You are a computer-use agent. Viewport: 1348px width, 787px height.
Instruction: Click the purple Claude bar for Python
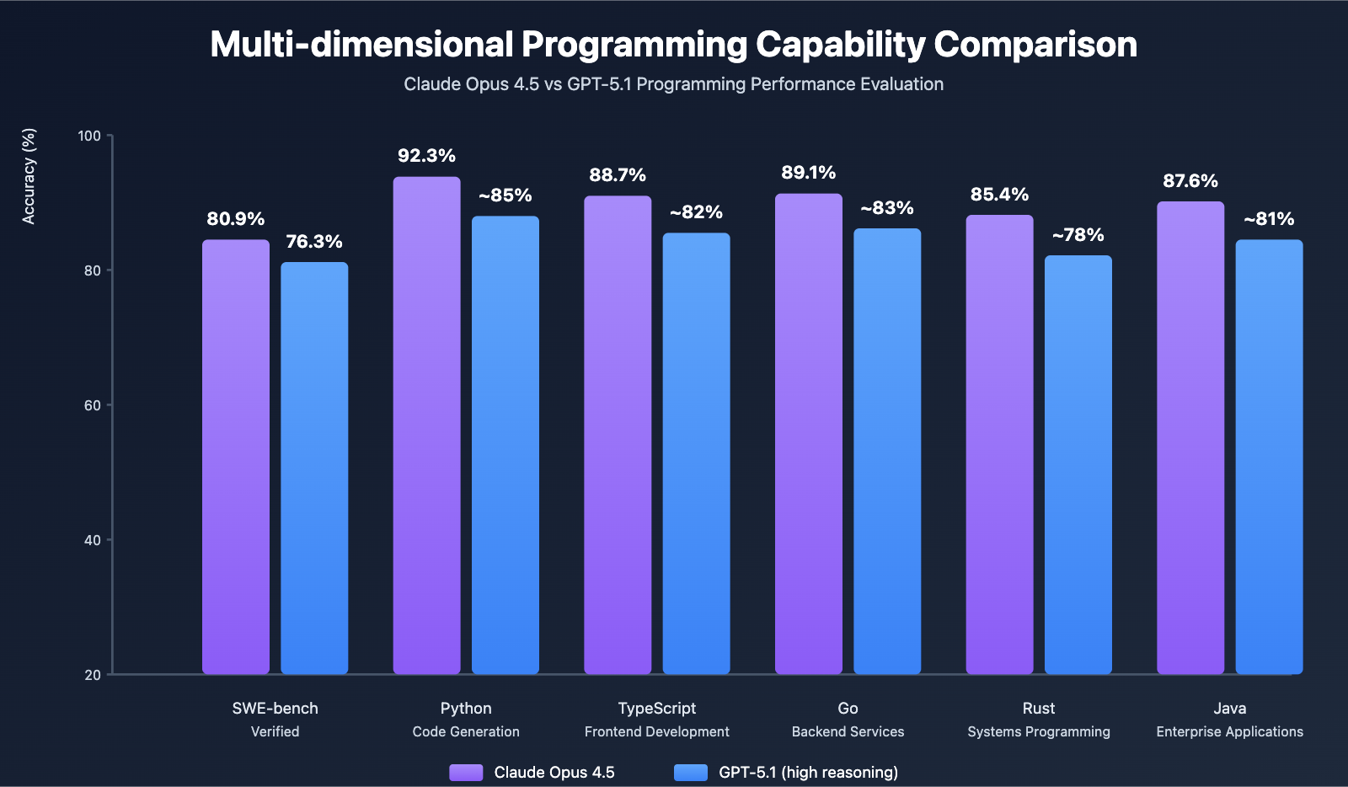pyautogui.click(x=427, y=426)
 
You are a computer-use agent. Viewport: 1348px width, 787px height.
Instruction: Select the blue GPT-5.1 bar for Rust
pyautogui.click(x=1078, y=464)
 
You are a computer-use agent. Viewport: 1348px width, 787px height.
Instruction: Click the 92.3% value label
pyautogui.click(x=427, y=156)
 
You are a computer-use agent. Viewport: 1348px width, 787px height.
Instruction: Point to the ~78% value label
pyautogui.click(x=1078, y=235)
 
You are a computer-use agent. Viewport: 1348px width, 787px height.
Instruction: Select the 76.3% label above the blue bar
pyautogui.click(x=314, y=242)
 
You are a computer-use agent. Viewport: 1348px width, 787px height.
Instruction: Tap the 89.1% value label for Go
pyautogui.click(x=809, y=173)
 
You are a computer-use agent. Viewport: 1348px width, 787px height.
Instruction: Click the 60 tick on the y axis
pyautogui.click(x=92, y=405)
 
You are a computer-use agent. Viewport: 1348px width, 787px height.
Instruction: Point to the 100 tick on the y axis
pyautogui.click(x=89, y=136)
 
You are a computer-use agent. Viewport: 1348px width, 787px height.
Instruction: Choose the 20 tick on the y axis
pyautogui.click(x=92, y=675)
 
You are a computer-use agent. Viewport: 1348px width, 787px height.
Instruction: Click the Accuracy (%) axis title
pyautogui.click(x=29, y=176)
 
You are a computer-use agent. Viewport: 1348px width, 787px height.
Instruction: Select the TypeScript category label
pyautogui.click(x=657, y=709)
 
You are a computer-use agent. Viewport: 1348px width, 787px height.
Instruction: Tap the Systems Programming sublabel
pyautogui.click(x=1039, y=731)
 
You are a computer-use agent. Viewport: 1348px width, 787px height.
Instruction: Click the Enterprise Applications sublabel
pyautogui.click(x=1229, y=731)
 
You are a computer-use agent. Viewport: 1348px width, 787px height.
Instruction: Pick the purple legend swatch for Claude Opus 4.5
pyautogui.click(x=466, y=773)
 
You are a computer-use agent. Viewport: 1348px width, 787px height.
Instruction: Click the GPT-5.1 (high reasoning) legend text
pyautogui.click(x=808, y=773)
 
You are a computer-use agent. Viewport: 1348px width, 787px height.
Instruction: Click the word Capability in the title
pyautogui.click(x=845, y=45)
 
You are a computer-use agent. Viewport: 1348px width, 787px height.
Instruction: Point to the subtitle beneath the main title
pyautogui.click(x=673, y=84)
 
